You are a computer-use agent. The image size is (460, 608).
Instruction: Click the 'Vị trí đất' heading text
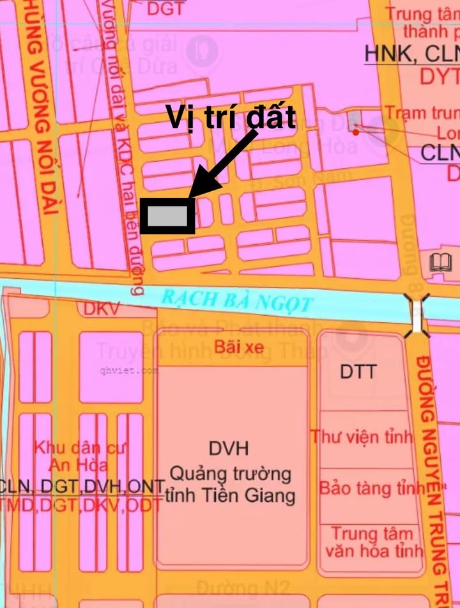coord(231,118)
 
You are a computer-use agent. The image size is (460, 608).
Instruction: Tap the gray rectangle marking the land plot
coord(168,217)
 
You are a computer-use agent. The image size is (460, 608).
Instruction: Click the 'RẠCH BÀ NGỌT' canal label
coord(236,300)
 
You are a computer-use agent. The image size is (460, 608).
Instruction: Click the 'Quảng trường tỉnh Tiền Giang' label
coord(230,485)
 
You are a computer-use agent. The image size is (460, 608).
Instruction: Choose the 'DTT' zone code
coord(358,371)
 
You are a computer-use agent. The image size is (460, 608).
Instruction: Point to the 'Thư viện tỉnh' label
coord(362,437)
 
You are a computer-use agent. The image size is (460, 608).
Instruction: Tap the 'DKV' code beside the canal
coord(102,309)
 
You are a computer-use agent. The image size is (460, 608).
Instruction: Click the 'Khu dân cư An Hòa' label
coord(72,456)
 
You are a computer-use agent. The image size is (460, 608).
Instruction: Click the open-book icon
coord(441,262)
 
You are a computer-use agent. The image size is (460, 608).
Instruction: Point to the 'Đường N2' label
coord(243,588)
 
